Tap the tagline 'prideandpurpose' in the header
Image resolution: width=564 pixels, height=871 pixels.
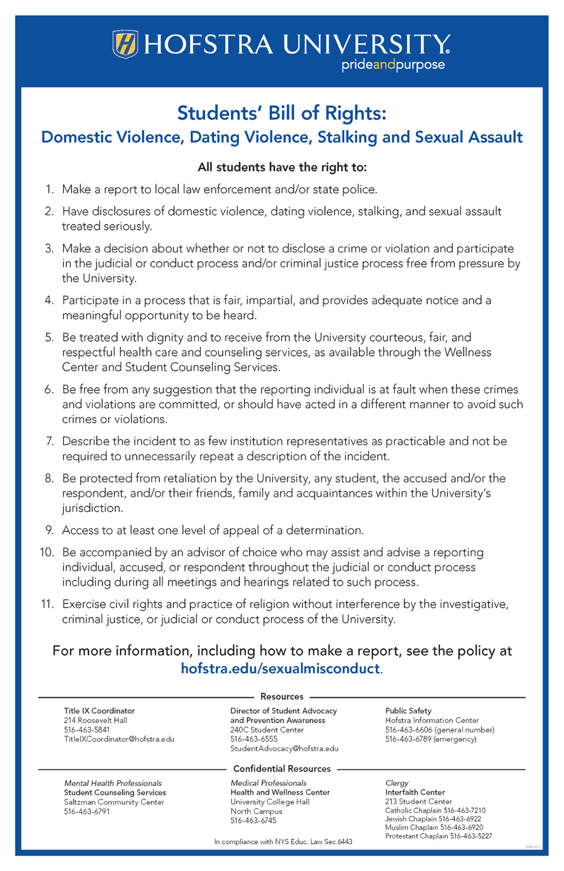393,65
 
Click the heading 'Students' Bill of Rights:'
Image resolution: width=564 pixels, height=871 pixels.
281,113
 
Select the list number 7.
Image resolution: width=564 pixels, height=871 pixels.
50,441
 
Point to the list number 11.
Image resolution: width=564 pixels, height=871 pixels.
47,604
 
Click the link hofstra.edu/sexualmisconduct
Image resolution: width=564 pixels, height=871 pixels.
280,668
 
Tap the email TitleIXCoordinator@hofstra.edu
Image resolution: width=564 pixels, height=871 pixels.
119,739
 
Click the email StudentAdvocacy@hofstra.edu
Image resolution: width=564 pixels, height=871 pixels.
284,749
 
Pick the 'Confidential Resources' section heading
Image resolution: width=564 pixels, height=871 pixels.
281,769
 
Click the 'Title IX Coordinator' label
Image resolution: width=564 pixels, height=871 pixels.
99,711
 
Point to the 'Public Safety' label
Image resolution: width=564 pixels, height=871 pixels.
408,711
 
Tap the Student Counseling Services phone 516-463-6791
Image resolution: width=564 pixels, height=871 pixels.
87,812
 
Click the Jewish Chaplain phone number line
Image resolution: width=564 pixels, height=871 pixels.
433,819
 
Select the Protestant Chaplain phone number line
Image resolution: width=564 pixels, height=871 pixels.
438,836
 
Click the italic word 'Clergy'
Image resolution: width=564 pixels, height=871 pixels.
397,783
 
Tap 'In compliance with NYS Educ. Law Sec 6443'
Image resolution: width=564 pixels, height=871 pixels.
283,841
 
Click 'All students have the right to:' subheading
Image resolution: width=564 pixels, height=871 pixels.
282,168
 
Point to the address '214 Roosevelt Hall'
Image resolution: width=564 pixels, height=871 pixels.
95,720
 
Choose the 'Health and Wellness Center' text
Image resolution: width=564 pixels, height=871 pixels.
280,792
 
